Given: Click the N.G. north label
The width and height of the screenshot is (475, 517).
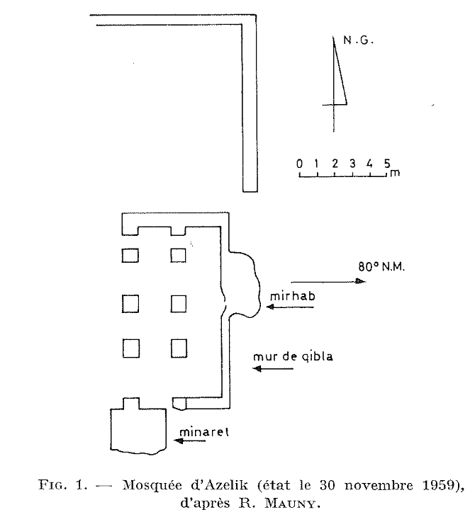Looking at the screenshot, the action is [358, 40].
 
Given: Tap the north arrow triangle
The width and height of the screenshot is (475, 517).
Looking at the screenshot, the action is [339, 82].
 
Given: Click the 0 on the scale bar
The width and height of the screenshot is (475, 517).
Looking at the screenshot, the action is [299, 164].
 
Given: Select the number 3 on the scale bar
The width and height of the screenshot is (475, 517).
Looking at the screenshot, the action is [352, 164].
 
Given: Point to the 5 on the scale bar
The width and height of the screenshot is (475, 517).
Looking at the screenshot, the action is [387, 164].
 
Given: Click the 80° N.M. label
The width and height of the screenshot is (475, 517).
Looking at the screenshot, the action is [381, 266].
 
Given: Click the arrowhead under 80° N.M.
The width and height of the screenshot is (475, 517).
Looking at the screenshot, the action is [360, 281].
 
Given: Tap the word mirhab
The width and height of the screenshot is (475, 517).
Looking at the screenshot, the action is [293, 296].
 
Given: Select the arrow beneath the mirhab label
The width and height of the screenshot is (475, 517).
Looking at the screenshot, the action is [290, 307].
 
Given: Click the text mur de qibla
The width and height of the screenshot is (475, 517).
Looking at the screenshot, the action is [293, 356].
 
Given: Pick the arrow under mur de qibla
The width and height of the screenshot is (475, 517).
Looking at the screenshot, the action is [273, 368].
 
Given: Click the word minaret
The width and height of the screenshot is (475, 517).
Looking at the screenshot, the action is [204, 431].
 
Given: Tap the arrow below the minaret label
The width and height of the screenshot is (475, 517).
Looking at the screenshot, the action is [190, 441].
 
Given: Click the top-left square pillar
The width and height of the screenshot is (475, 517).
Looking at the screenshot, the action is [130, 256].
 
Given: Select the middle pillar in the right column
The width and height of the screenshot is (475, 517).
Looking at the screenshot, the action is [178, 304].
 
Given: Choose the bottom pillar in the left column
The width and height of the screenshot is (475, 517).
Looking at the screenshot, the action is [131, 348].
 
